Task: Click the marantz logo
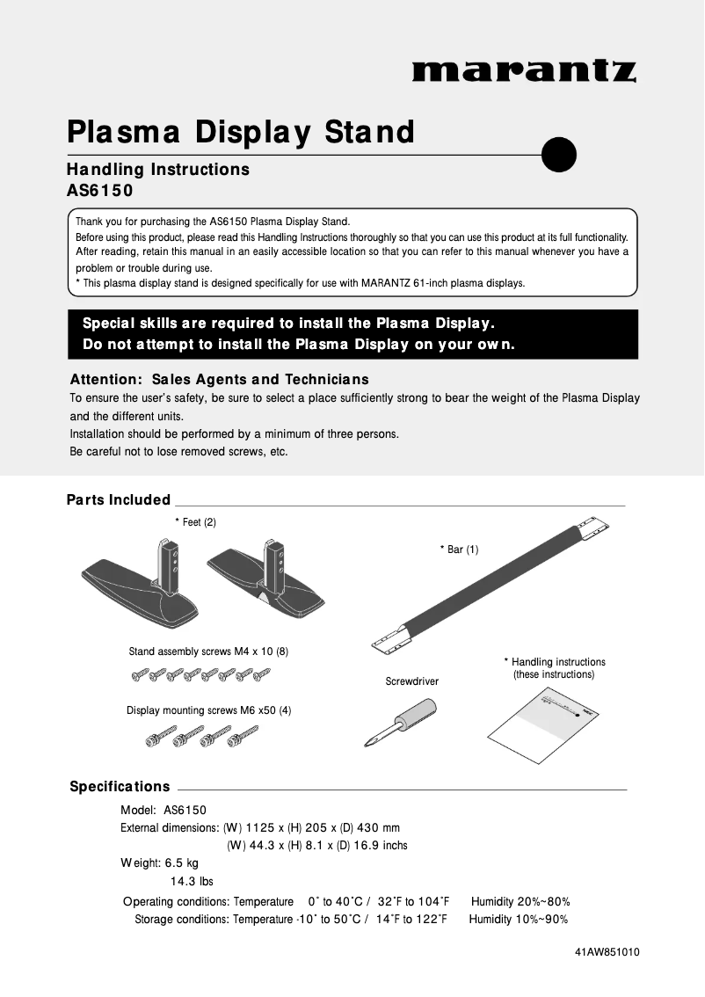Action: coord(524,70)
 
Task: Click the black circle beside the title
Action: coord(559,155)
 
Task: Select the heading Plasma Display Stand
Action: coord(240,132)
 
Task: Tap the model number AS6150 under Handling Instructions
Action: coord(99,190)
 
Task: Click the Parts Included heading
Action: coord(119,499)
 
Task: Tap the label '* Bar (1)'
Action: coord(459,549)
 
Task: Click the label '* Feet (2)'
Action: coord(195,522)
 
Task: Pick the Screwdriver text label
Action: coord(411,681)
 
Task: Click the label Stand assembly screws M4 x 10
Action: coord(208,651)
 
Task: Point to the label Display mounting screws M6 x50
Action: coord(208,710)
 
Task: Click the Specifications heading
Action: coord(120,786)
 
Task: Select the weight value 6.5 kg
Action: coord(182,863)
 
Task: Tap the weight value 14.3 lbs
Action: coord(192,881)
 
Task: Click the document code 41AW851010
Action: coord(607,952)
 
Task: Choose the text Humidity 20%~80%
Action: coord(520,901)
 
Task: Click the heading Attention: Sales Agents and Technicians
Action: coord(219,380)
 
